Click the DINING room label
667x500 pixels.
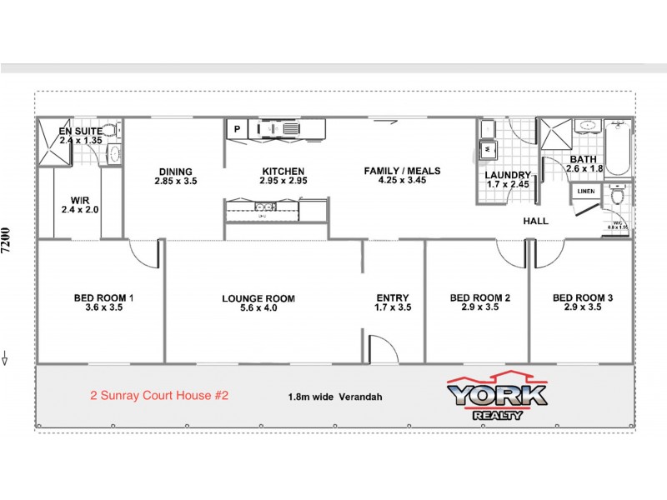pos(176,171)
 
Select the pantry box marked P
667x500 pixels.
pos(237,129)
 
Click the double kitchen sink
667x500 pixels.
pos(262,205)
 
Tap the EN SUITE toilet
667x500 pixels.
pos(115,153)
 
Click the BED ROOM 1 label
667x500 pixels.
pos(104,297)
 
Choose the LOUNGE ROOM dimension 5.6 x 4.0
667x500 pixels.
pos(258,308)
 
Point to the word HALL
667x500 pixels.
pos(535,222)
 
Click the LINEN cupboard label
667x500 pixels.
pos(585,192)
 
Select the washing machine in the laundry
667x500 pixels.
pos(487,150)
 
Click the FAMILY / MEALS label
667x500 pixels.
pos(402,171)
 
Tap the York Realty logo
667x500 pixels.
pos(497,397)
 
